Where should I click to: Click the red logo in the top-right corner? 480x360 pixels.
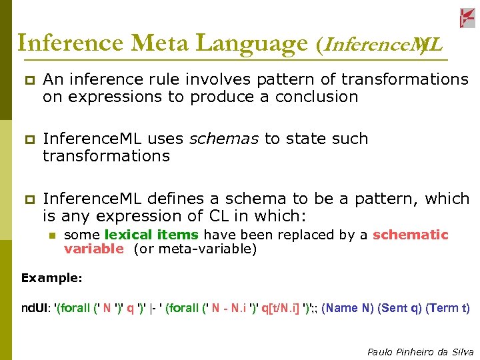[x=467, y=18]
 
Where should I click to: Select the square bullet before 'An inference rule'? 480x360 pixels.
[x=29, y=81]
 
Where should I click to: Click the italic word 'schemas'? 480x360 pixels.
[x=225, y=139]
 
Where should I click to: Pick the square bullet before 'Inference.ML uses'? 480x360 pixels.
[x=29, y=140]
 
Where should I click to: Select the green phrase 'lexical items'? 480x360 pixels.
[x=151, y=235]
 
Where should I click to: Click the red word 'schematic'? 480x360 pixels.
[x=411, y=235]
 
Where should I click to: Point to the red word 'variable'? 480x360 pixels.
[x=93, y=249]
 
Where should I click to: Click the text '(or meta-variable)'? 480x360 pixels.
[x=195, y=249]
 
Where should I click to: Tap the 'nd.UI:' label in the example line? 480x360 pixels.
[x=36, y=308]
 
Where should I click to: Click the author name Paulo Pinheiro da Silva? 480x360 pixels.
[x=420, y=351]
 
